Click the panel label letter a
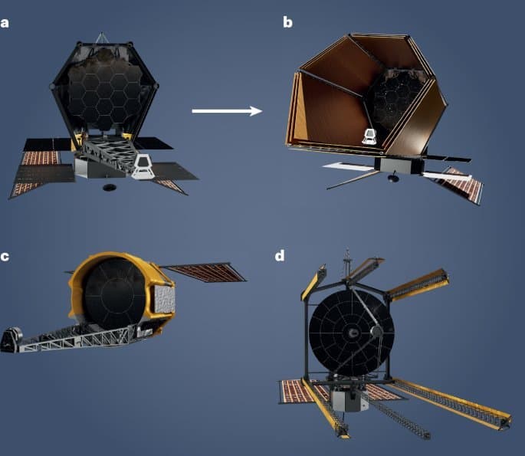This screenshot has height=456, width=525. point(6,22)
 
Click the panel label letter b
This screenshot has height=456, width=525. point(287,23)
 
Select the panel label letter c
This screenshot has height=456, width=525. point(5,257)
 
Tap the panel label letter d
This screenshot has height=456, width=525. point(281,255)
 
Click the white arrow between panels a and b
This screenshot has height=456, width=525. point(227,111)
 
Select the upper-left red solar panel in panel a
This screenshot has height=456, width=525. point(41,158)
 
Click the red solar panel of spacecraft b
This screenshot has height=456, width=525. point(466,186)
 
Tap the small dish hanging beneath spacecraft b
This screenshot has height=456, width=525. point(392,179)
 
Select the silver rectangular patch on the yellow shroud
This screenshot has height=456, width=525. point(164,300)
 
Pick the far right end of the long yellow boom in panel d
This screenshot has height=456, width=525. point(506,421)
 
